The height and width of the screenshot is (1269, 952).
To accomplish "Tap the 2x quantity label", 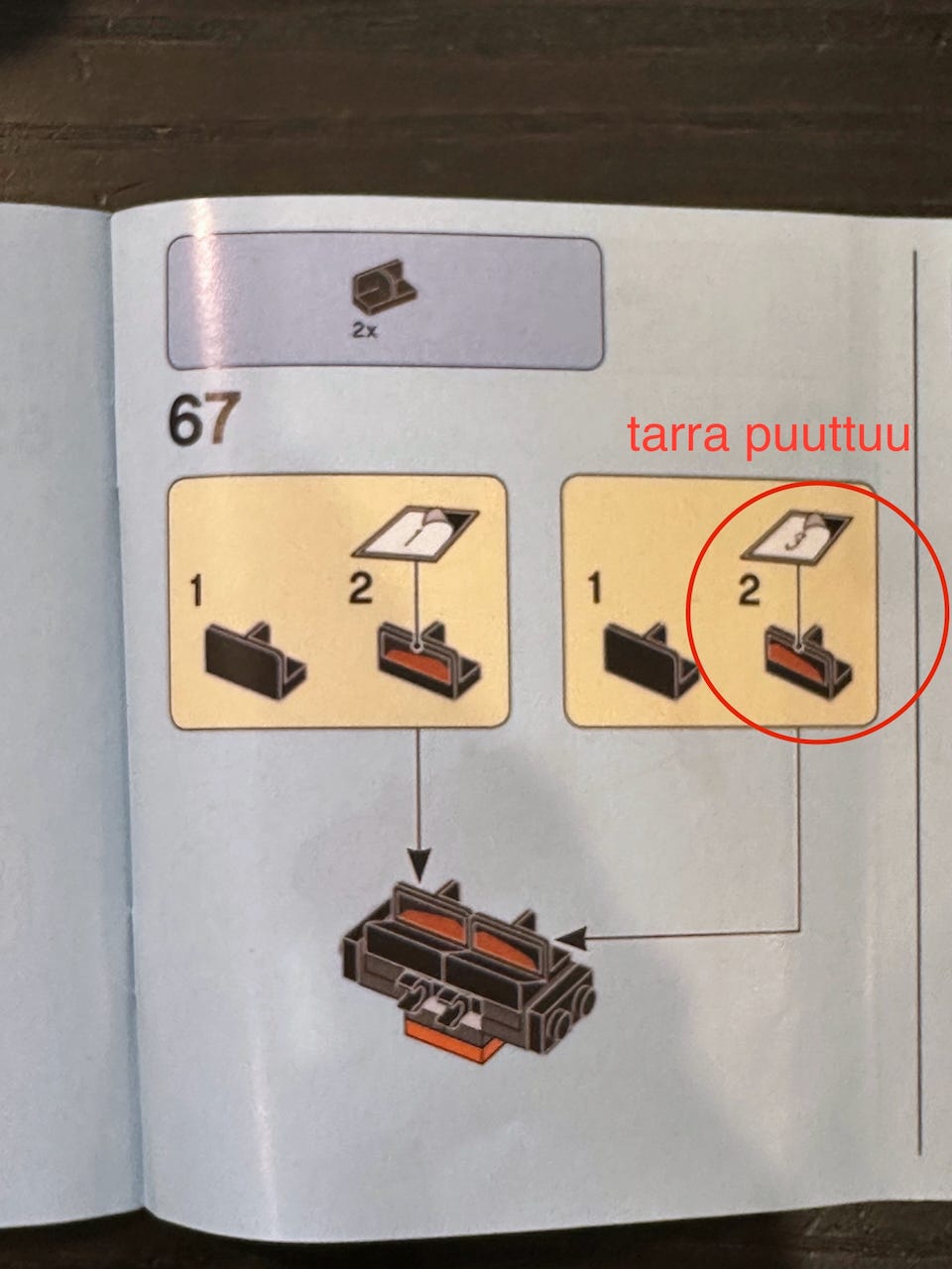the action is coord(364,332).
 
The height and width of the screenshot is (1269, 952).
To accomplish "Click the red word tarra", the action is coord(677,435).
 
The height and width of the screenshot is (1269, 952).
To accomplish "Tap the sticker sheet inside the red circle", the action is coord(796,536).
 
